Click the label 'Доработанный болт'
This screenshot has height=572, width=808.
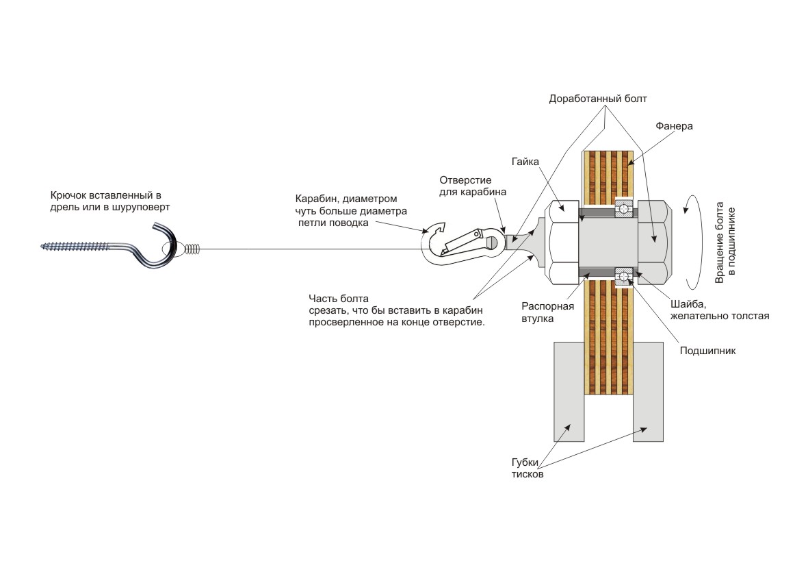[597, 99]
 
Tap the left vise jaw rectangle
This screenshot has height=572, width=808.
[569, 391]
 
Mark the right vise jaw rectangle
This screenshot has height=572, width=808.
[648, 391]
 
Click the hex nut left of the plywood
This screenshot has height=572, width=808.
[562, 241]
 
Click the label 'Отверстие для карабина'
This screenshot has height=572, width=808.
[473, 186]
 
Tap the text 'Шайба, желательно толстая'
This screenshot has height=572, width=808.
[709, 311]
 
